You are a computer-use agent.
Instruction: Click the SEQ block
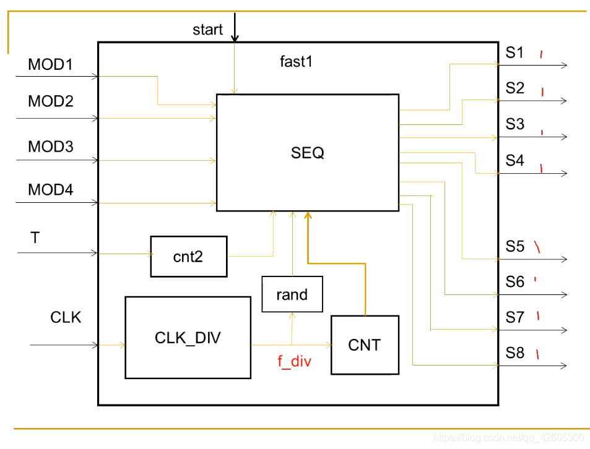(307, 153)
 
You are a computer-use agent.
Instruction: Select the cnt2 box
(188, 257)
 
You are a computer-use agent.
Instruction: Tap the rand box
(292, 294)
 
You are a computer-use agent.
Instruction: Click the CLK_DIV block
(188, 338)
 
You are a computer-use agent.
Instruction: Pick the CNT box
(364, 345)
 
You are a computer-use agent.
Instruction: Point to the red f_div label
(294, 362)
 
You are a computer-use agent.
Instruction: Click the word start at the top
(207, 30)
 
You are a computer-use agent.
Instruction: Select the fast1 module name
(295, 62)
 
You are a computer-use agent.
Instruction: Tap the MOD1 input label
(50, 64)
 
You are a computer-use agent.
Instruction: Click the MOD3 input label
(50, 147)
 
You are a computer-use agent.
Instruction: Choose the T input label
(35, 237)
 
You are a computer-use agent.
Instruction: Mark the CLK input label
(66, 318)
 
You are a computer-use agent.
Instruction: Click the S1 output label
(514, 53)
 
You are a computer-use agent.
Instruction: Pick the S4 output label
(514, 161)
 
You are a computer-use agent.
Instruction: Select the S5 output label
(514, 247)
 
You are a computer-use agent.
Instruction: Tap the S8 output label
(514, 353)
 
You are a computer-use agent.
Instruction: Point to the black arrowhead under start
(235, 37)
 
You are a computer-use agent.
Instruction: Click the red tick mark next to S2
(542, 92)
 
